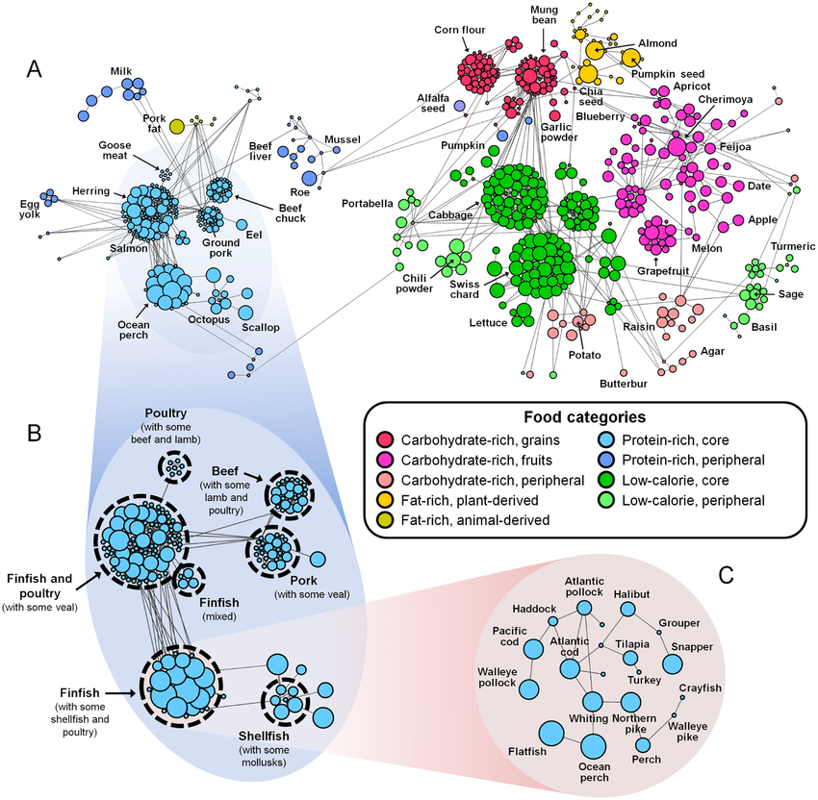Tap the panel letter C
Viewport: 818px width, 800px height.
coord(729,576)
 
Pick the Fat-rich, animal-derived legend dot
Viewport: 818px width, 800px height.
coord(384,519)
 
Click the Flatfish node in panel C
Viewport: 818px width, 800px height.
coord(551,734)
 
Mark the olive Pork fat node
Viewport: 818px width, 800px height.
coord(177,126)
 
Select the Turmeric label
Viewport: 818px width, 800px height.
coord(767,245)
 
